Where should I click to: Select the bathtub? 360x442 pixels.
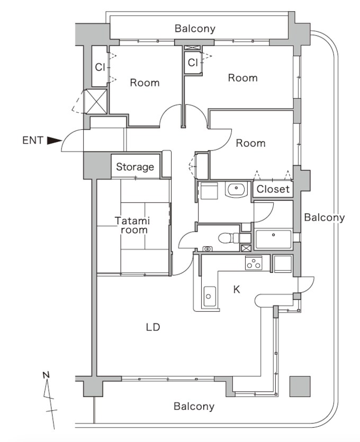click(273, 239)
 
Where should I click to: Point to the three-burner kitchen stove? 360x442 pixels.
click(254, 262)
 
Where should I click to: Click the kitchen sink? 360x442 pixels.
click(209, 295)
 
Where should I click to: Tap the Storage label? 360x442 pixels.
click(135, 167)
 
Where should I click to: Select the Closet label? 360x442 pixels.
click(273, 189)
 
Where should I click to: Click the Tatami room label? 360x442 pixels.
click(132, 225)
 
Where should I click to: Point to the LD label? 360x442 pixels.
click(153, 327)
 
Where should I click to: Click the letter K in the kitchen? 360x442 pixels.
click(237, 289)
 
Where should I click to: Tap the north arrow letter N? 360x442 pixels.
click(46, 375)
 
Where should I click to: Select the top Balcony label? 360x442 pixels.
click(195, 29)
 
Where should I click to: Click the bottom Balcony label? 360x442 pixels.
click(194, 406)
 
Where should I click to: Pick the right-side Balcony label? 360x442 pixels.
click(324, 217)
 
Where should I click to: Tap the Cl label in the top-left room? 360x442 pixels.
click(100, 67)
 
